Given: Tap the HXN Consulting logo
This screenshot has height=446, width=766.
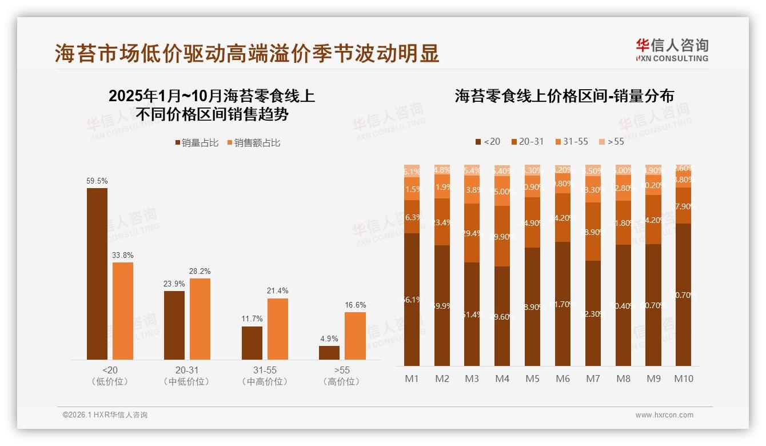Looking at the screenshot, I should tap(672, 50).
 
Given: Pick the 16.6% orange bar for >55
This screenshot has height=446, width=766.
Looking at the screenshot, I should tap(355, 336).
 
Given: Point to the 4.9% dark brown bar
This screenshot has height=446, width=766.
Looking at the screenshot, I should tap(329, 352).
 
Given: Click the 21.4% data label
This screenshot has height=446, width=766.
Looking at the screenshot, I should tap(277, 291).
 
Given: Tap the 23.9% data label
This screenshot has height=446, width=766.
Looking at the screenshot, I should tap(174, 284).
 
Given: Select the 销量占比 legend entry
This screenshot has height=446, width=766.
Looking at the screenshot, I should tap(196, 143).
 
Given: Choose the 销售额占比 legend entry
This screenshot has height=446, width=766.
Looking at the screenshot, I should tap(253, 143).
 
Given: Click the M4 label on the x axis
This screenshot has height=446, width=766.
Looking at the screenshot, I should tap(502, 379).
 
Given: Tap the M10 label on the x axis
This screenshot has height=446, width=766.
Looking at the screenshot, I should tap(683, 379).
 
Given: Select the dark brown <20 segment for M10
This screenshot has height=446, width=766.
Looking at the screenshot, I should tap(683, 294).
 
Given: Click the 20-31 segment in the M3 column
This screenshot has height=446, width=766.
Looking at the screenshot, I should tap(472, 233).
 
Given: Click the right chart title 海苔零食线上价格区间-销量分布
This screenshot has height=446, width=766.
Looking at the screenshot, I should tap(564, 96).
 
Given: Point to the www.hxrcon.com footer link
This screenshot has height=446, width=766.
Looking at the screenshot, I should tap(664, 415).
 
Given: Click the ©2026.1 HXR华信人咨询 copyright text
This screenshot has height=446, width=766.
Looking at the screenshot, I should tap(105, 415).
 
